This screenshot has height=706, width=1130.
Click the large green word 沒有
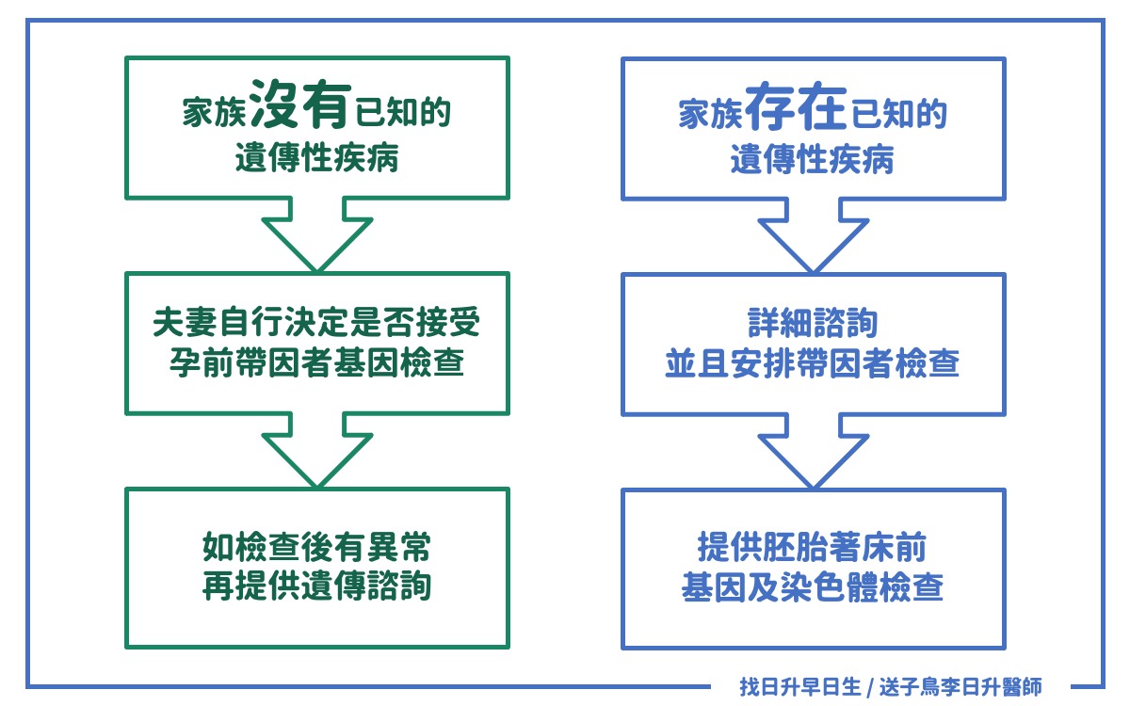[302, 107]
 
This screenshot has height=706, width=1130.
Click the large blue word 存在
[797, 107]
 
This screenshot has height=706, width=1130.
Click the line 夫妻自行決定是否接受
[317, 325]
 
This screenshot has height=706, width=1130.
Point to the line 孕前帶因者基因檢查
[317, 364]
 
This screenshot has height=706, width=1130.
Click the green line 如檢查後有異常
[317, 546]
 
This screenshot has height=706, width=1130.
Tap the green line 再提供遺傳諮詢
[317, 586]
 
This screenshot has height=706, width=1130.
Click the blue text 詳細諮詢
[813, 325]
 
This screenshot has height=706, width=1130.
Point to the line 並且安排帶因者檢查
[813, 364]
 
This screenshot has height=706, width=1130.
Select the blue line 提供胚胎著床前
[813, 546]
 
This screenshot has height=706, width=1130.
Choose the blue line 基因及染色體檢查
[813, 586]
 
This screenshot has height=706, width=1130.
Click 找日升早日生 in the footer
[799, 687]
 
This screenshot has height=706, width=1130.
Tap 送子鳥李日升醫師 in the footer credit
[960, 687]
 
